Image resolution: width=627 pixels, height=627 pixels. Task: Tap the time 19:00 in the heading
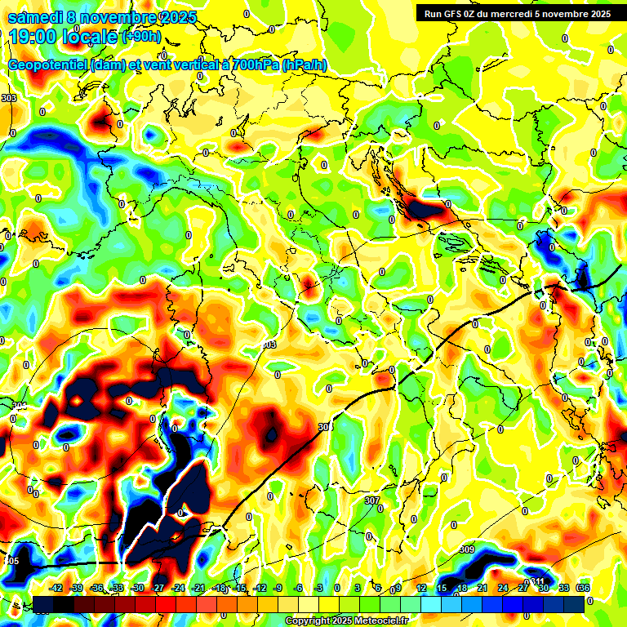35,37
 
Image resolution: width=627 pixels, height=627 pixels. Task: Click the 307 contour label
372,500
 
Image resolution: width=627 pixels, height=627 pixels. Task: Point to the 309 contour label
467,549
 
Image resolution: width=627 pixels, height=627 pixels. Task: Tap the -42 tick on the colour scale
56,588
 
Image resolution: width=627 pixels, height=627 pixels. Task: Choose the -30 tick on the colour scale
137,588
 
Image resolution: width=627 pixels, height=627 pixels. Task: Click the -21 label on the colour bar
198,588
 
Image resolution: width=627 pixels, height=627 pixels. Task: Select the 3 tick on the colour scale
358,588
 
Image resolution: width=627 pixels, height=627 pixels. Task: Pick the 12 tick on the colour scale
420,588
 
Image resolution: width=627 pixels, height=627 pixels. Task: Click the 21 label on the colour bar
482,588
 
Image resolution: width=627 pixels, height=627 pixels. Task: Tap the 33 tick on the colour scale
563,588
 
